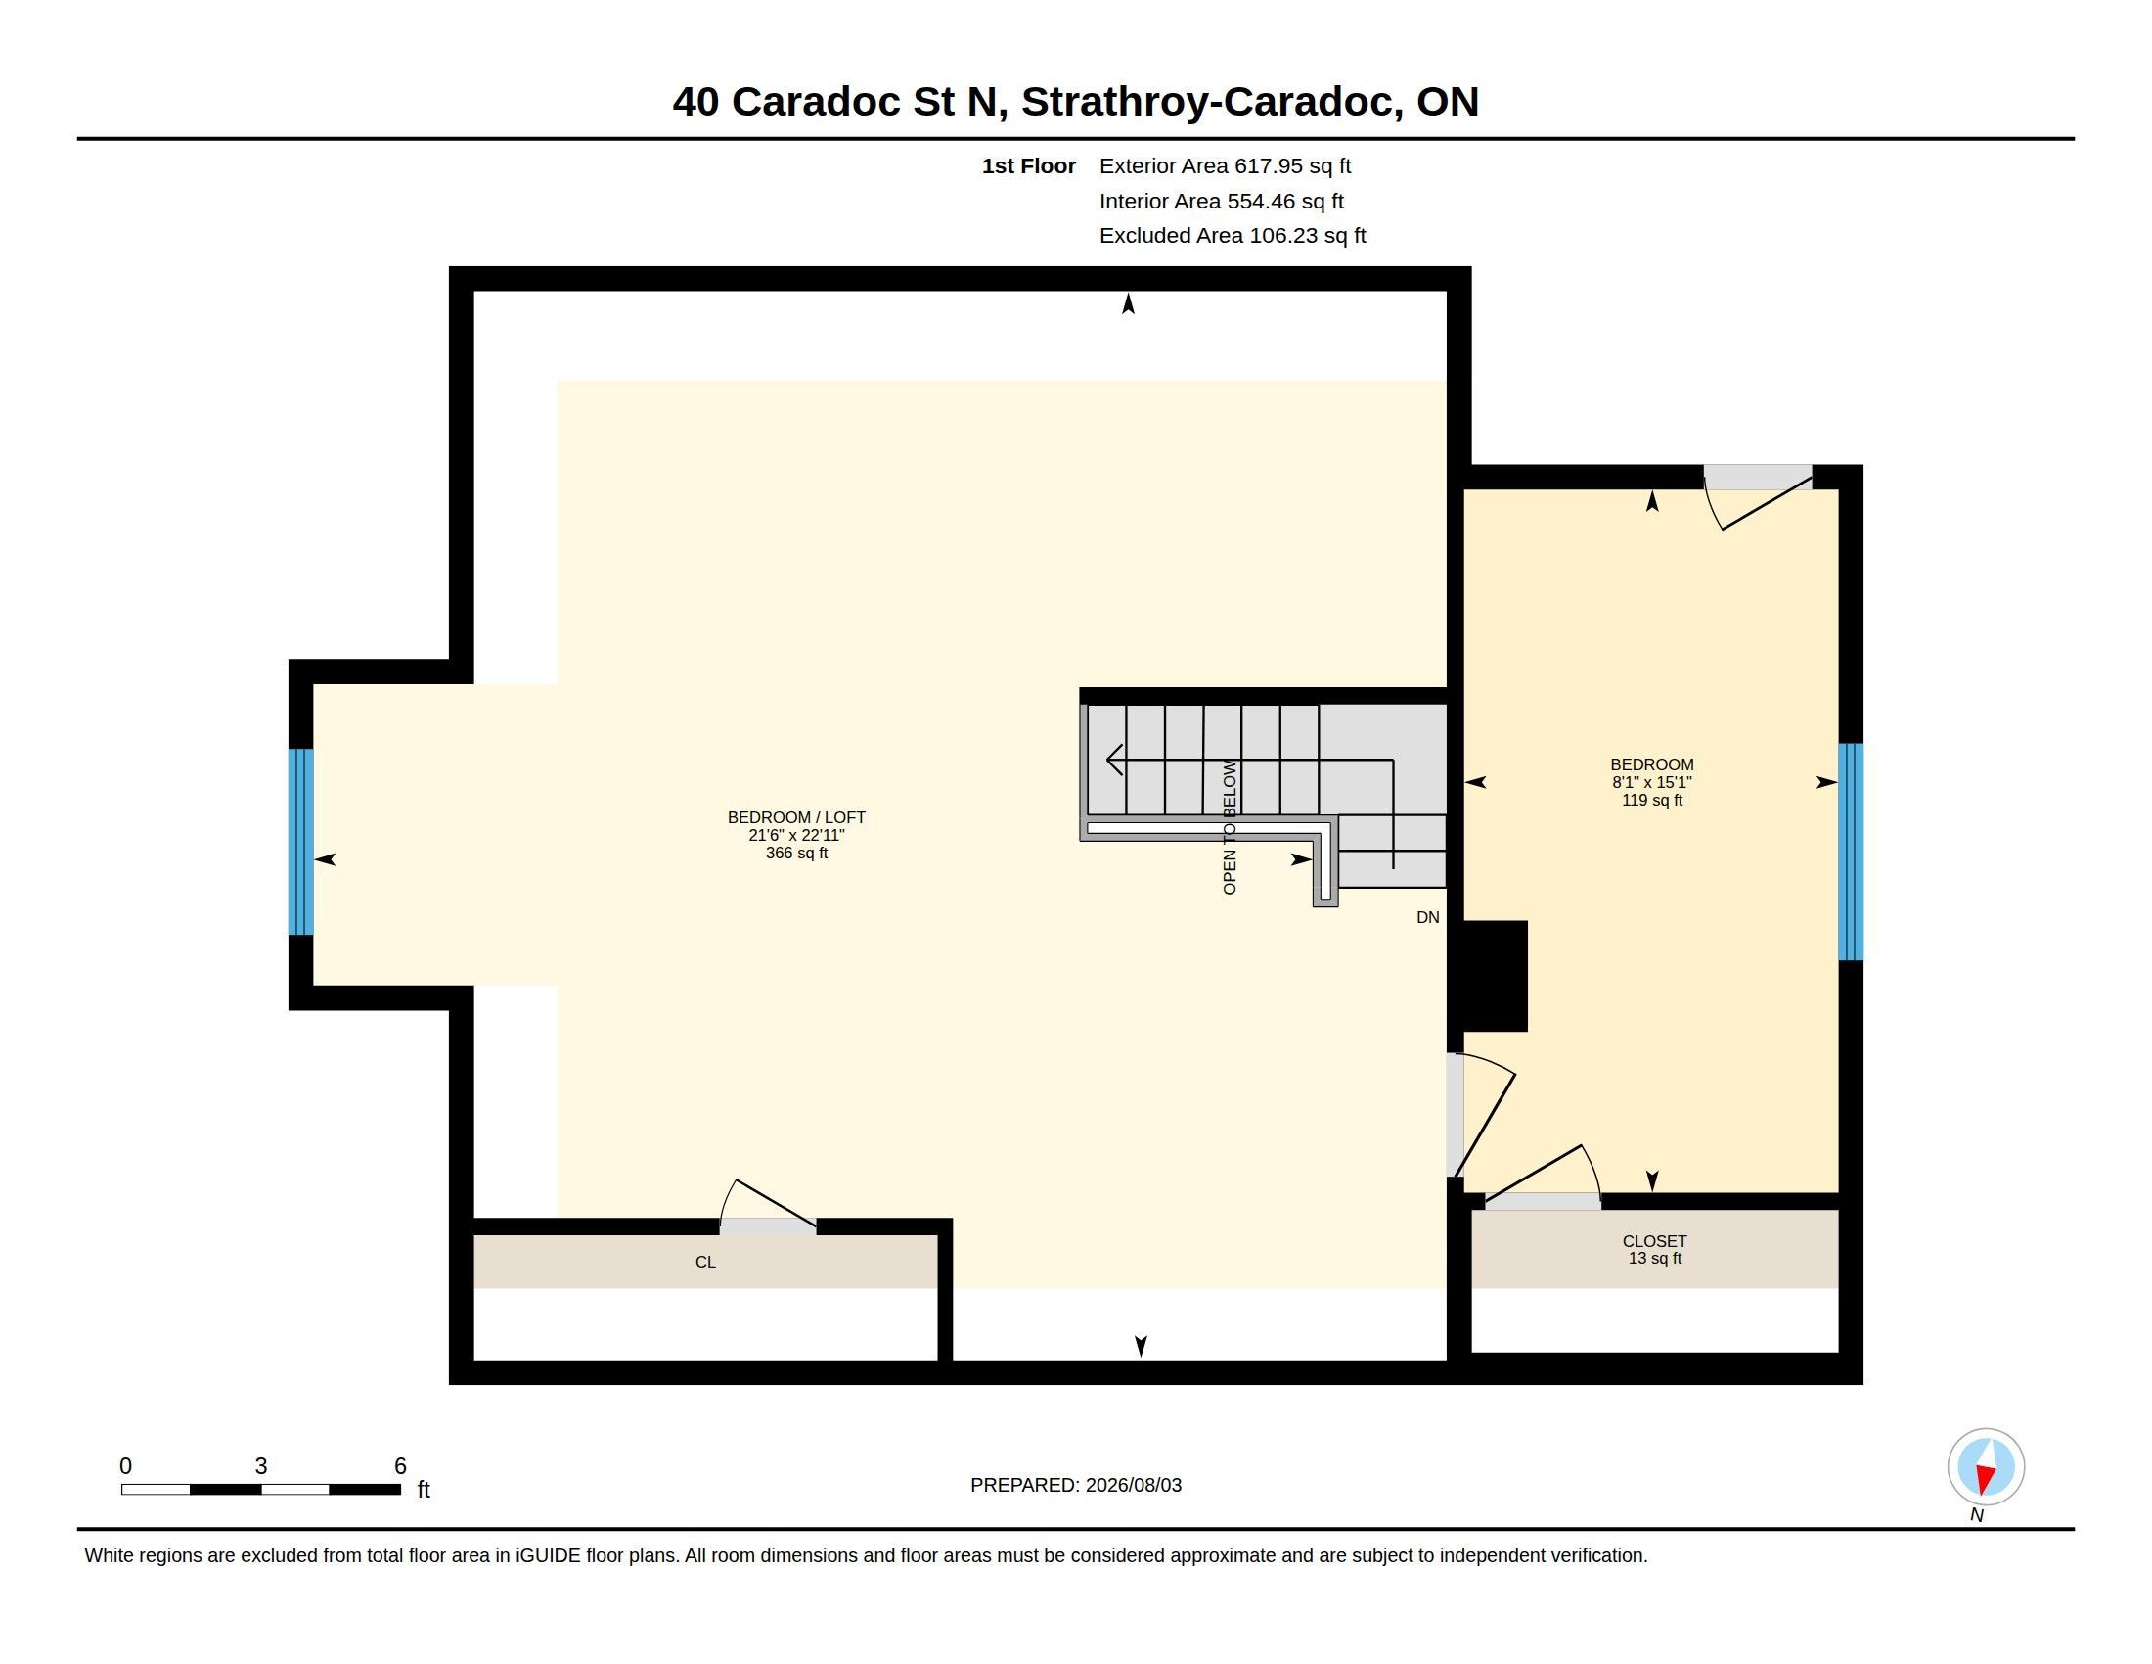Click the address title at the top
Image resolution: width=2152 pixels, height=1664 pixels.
1075,102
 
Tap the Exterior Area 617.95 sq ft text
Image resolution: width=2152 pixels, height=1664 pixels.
1225,166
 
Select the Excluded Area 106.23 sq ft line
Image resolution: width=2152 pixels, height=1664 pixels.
1233,236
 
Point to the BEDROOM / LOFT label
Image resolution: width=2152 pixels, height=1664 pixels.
796,817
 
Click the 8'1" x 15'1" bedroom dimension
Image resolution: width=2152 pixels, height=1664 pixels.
1651,782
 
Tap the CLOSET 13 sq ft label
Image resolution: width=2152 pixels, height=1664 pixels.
1654,1249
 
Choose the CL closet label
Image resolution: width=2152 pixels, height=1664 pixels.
705,1262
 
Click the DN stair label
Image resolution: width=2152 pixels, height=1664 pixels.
1428,918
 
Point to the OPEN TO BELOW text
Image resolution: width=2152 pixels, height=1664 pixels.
1230,827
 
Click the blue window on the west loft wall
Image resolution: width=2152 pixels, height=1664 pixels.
300,842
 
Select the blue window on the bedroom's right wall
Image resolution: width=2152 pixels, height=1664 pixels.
1851,852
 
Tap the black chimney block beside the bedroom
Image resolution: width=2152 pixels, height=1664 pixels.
1495,976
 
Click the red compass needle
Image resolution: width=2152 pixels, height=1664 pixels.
1985,1478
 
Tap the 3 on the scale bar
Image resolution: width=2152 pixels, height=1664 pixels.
261,1466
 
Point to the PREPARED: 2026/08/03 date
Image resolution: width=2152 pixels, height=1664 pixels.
1076,1485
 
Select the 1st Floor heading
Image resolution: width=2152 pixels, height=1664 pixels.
1029,166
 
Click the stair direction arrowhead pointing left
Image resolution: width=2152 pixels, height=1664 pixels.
1114,760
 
